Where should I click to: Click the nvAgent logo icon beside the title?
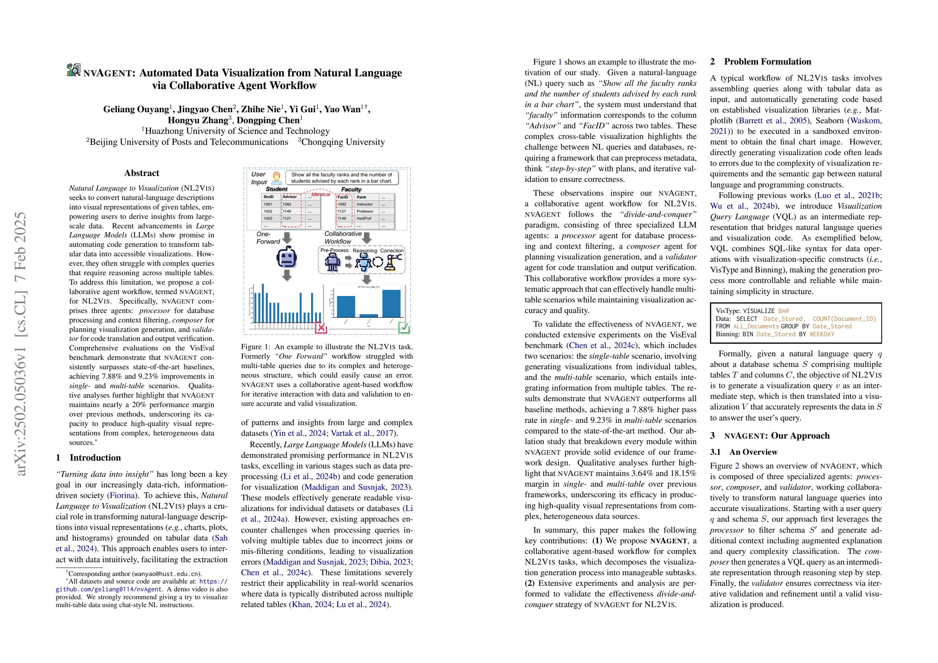[x=74, y=69]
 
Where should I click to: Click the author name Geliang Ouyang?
[x=136, y=109]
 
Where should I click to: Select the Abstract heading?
[x=141, y=173]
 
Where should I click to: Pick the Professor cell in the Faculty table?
[x=365, y=211]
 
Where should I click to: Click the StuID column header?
[x=269, y=197]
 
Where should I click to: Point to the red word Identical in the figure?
[x=321, y=194]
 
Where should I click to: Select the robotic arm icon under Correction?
[x=394, y=262]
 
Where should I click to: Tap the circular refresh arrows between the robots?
[x=378, y=262]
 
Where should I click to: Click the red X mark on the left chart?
[x=321, y=327]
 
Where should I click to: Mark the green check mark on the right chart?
[x=404, y=327]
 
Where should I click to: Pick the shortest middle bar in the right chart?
[x=369, y=315]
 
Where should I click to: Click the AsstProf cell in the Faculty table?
[x=364, y=219]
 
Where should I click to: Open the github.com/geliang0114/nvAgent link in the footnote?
[x=109, y=589]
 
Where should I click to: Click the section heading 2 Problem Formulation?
[x=760, y=62]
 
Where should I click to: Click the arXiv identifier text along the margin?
[x=21, y=343]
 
